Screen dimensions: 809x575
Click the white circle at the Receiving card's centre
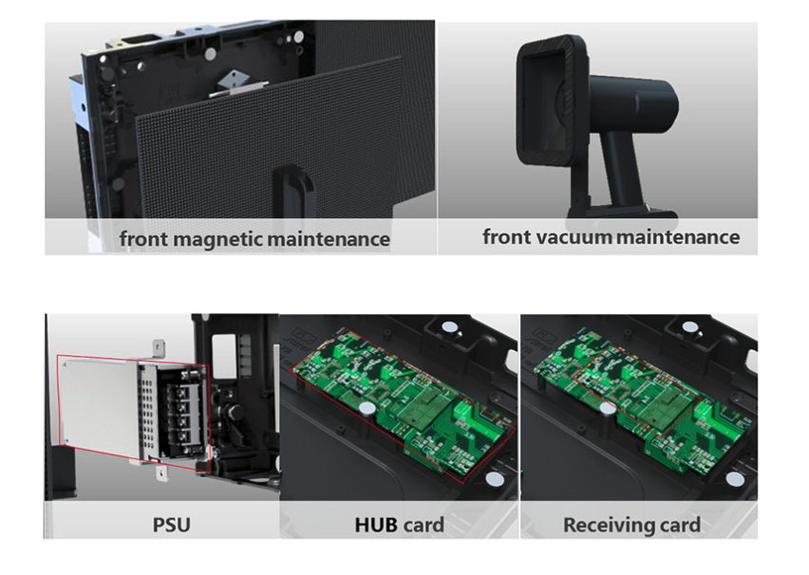coord(607,409)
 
